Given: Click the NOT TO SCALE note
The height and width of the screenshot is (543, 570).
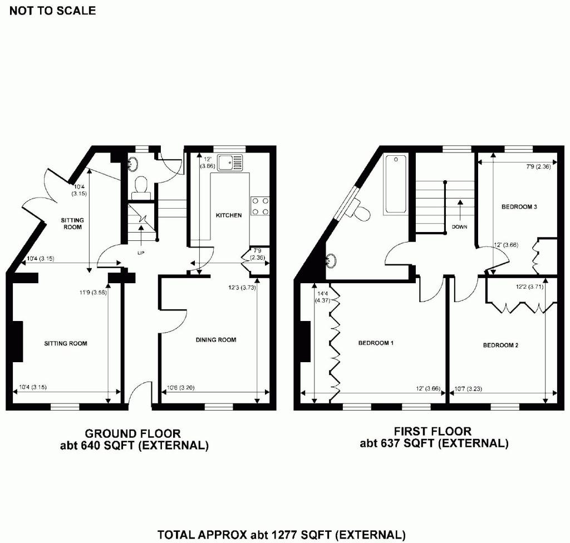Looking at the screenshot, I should (53, 11).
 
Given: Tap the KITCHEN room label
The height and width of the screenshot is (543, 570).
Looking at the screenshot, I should (229, 215).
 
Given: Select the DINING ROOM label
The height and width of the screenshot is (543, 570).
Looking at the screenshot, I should (215, 340).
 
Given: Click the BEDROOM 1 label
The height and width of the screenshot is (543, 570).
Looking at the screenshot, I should (376, 343).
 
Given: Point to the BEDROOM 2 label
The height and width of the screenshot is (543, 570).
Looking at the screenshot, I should (500, 345).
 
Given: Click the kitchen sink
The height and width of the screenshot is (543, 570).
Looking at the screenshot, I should (230, 162).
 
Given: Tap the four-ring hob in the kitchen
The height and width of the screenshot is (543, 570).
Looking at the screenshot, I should (260, 206).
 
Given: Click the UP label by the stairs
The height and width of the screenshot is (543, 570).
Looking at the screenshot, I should (141, 252).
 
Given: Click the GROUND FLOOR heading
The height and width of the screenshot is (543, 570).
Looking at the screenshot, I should (132, 433).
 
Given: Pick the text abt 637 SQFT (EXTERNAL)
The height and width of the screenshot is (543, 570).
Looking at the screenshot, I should (434, 443).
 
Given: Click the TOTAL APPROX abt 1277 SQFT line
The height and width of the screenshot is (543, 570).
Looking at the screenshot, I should (281, 535).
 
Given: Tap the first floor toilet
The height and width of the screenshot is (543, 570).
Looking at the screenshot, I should (362, 210).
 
